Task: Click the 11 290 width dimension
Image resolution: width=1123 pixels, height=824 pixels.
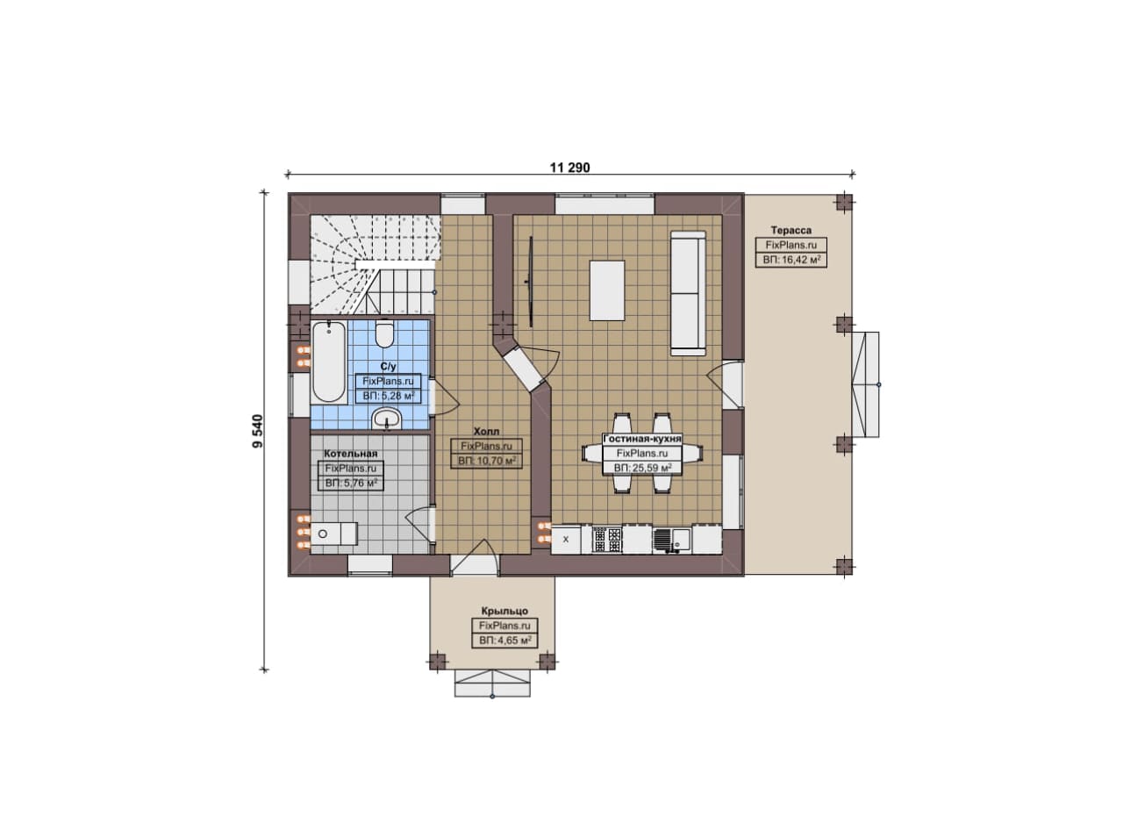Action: pos(570,168)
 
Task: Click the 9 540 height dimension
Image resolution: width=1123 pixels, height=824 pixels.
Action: pos(258,431)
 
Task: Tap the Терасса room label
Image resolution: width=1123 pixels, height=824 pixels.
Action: pos(791,230)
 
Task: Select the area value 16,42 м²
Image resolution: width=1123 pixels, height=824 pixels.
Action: pos(791,260)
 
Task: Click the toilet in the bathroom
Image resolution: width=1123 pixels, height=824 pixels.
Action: pos(384,333)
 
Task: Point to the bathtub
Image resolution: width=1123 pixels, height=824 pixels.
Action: pos(329,362)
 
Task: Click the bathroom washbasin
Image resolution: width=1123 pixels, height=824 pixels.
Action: pos(387,419)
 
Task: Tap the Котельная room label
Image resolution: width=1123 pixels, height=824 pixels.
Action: pos(350,454)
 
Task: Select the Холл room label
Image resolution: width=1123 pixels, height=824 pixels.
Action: pos(486,432)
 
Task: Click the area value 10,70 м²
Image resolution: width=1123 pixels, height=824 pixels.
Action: pos(487,461)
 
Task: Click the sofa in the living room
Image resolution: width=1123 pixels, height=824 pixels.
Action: pos(689,293)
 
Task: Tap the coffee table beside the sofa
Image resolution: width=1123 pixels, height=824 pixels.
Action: pos(606,290)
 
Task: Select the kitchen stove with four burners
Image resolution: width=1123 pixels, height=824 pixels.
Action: pos(606,540)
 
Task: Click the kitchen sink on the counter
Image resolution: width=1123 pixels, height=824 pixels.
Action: pos(672,541)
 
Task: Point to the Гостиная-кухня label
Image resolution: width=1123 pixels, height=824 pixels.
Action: pos(642,439)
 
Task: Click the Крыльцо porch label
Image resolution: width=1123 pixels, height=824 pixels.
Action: pos(504,611)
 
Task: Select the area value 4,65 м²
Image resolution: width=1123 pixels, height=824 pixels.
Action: pos(504,641)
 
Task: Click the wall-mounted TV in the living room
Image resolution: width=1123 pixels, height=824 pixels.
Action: pos(530,283)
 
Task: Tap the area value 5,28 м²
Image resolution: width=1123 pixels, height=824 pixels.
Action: pos(389,396)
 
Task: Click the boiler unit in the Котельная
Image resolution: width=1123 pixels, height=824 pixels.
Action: pos(334,534)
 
